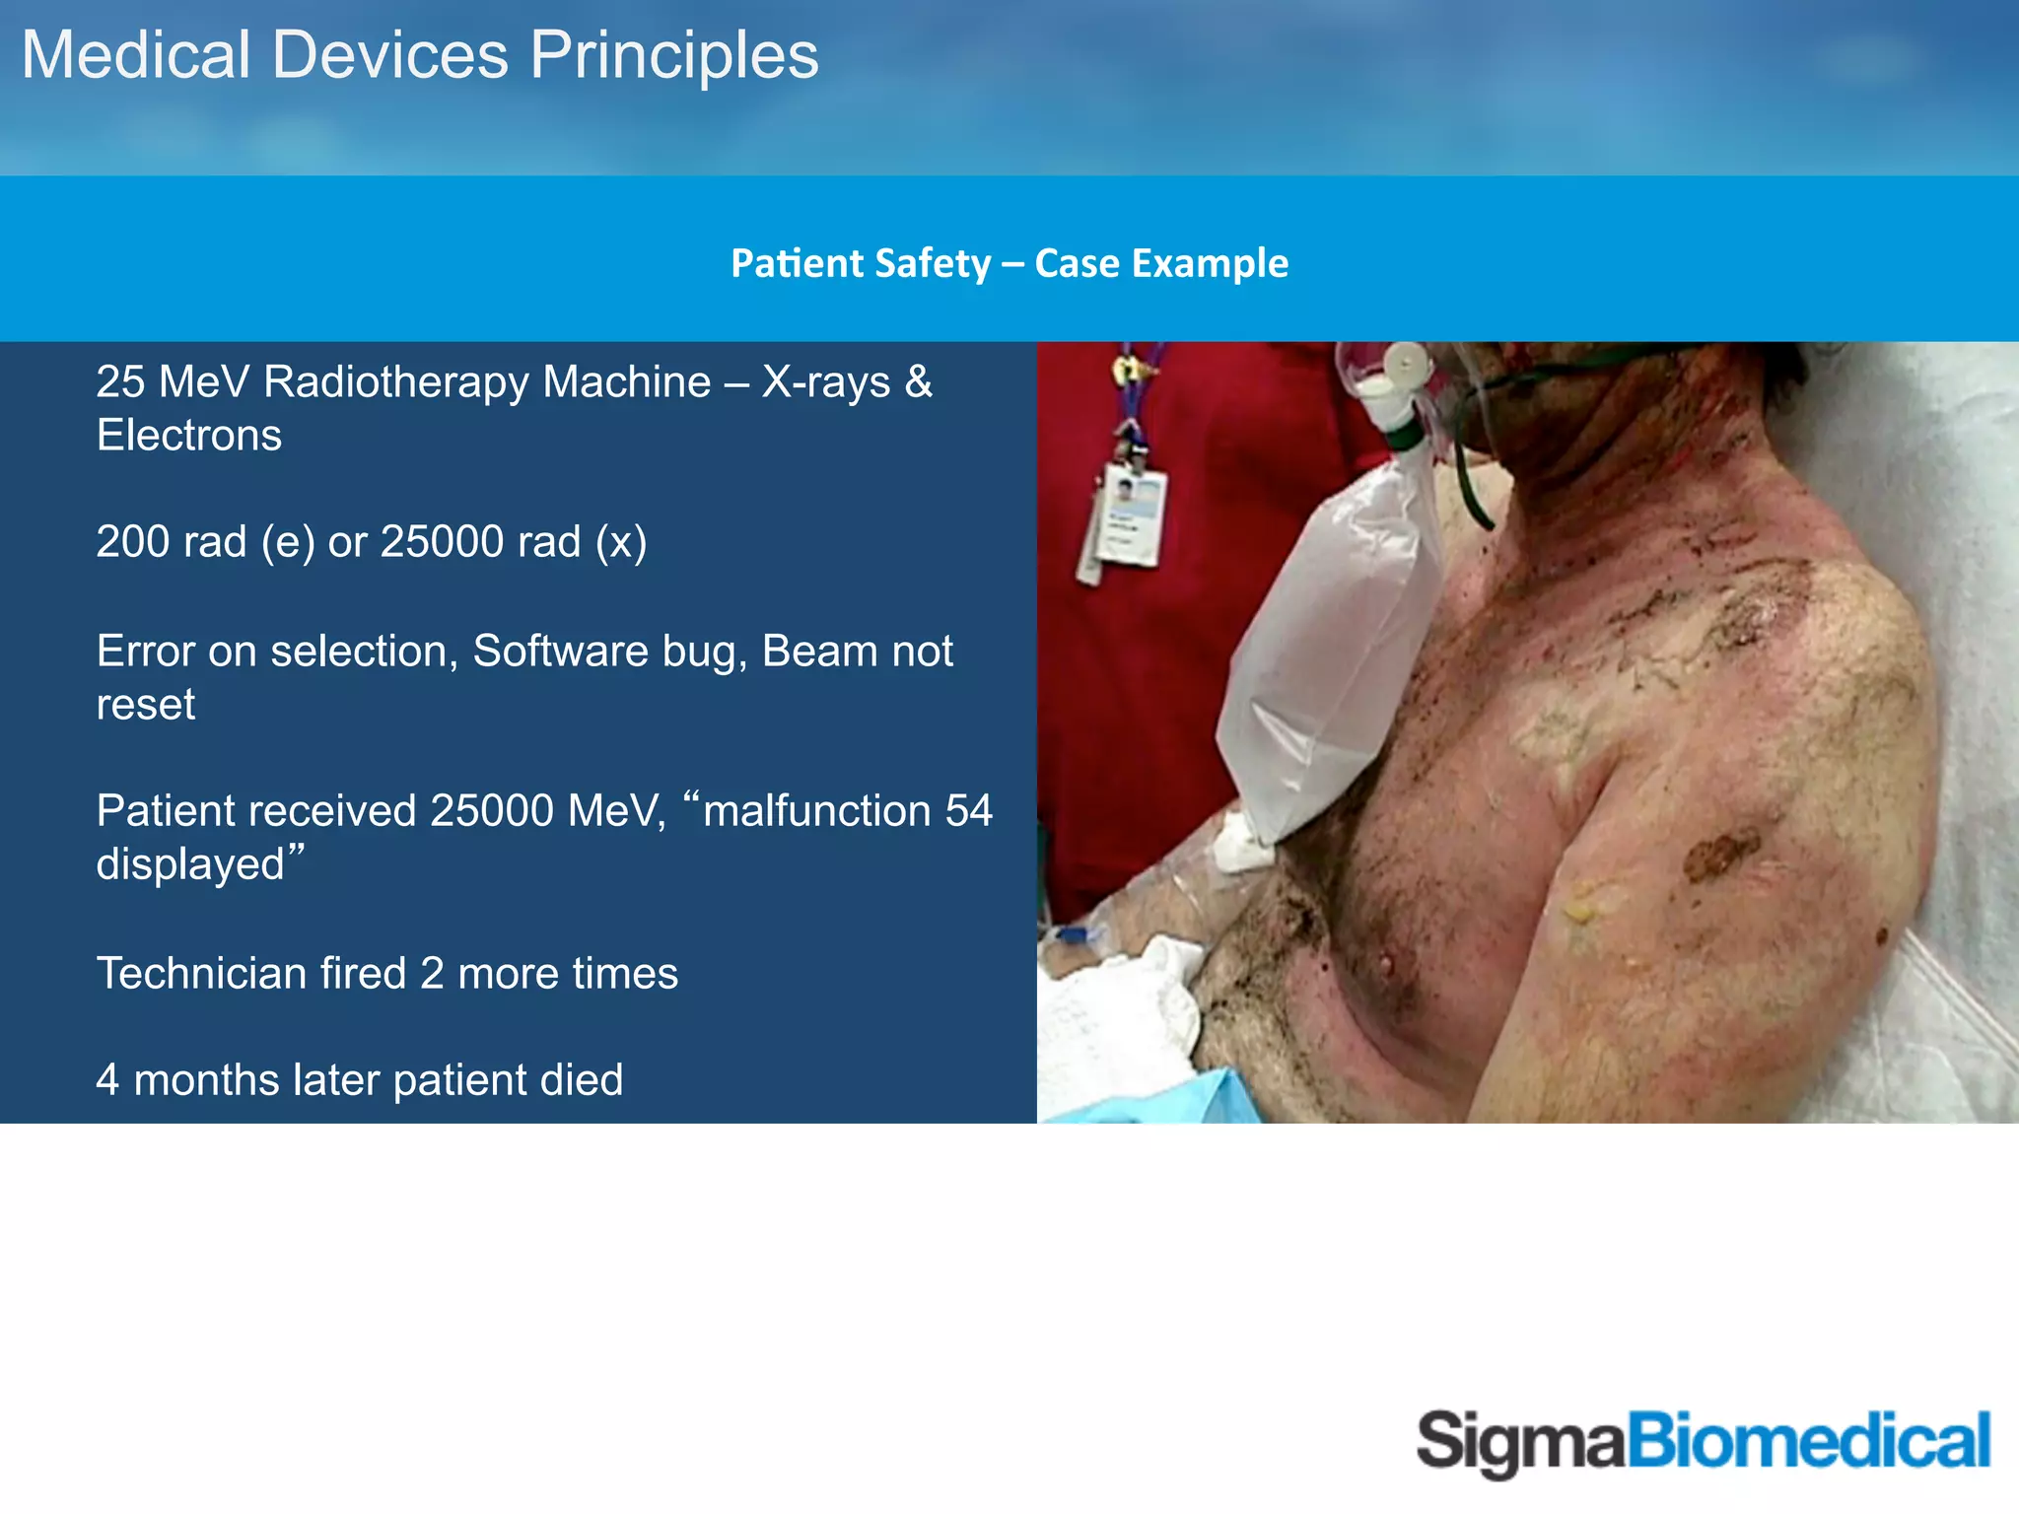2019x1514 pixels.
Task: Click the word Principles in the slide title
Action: click(674, 55)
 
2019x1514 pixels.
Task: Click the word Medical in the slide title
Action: click(136, 55)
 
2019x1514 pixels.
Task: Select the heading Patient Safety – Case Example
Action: click(1009, 263)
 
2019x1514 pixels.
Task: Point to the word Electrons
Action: click(188, 436)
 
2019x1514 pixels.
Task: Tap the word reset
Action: click(145, 705)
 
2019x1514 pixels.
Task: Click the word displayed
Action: click(190, 865)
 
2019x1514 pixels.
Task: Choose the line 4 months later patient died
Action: click(359, 1080)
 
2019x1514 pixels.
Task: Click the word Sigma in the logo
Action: click(1519, 1442)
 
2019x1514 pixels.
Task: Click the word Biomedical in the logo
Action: click(1808, 1440)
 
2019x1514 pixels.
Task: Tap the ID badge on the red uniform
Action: click(1132, 516)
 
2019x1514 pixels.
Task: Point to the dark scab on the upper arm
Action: click(1720, 852)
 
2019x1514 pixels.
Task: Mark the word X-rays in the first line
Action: click(826, 382)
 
